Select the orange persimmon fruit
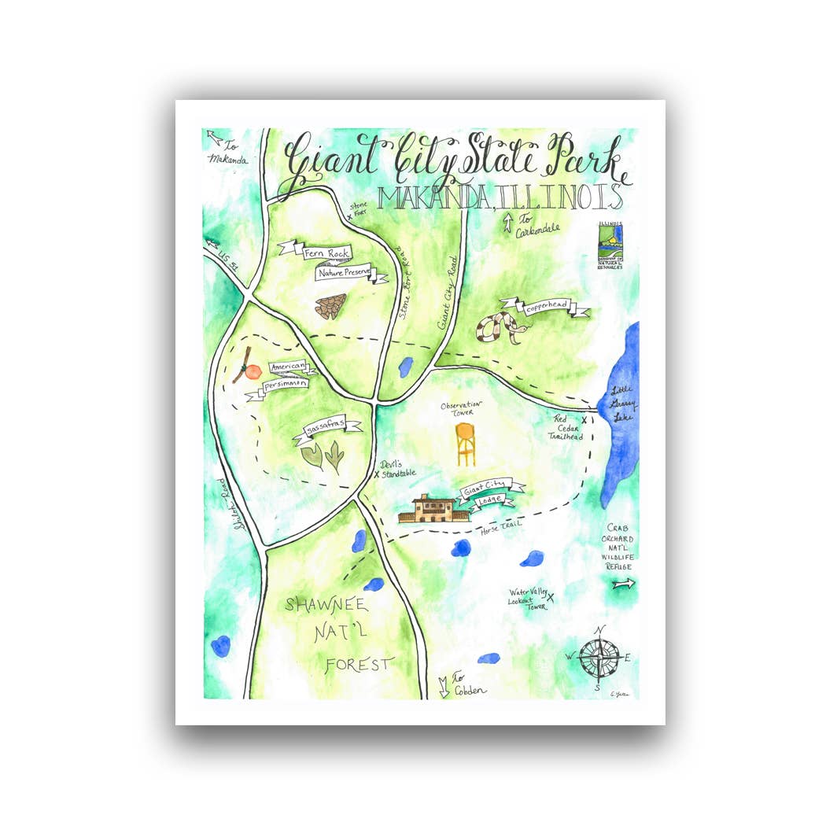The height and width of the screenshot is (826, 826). [252, 371]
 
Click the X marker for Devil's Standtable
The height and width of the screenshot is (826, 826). [376, 474]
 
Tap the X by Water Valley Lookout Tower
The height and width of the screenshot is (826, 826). [551, 598]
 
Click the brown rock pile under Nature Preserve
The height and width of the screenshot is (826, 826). [330, 306]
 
